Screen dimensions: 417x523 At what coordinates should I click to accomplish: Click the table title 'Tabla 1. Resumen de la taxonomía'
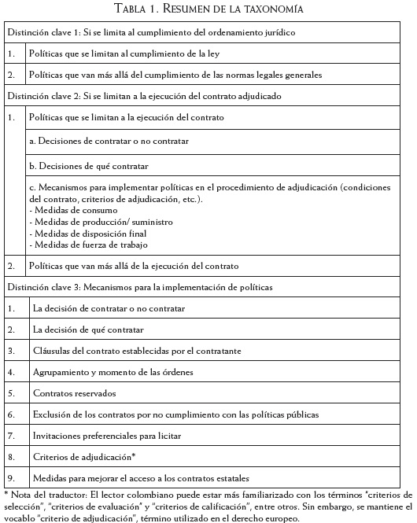click(x=208, y=9)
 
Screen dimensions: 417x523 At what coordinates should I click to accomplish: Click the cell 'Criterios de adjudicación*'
click(x=84, y=456)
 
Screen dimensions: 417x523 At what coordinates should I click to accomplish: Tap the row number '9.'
click(x=12, y=477)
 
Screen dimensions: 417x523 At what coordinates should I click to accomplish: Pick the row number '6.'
click(x=12, y=414)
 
